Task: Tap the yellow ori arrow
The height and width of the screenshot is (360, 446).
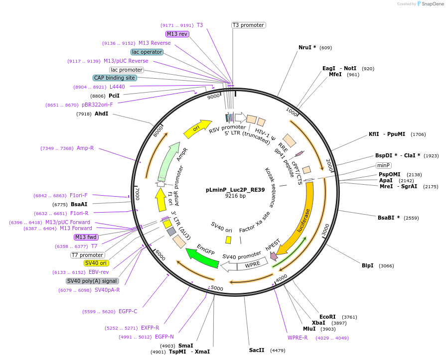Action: point(197,129)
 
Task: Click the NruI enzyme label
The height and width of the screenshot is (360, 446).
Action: point(307,48)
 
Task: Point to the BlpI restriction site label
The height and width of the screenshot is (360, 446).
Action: point(367,266)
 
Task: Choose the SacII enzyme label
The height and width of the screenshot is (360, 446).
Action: point(257,350)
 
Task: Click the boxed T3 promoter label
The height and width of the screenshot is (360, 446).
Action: point(248,25)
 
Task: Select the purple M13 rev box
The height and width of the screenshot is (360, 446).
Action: point(177,34)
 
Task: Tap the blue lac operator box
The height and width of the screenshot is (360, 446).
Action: point(147,52)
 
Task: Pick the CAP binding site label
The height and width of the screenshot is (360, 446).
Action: point(114,78)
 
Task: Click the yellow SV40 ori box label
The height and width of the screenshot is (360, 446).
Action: point(96,263)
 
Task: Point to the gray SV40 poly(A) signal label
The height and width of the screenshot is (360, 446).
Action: point(92,281)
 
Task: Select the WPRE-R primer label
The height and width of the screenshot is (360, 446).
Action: point(297,338)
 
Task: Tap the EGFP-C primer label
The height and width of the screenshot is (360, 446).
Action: point(128,311)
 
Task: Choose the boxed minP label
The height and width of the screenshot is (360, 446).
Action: point(383,165)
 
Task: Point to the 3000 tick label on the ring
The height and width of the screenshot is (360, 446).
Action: point(326,230)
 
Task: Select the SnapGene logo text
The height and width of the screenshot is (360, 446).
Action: point(430,4)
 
